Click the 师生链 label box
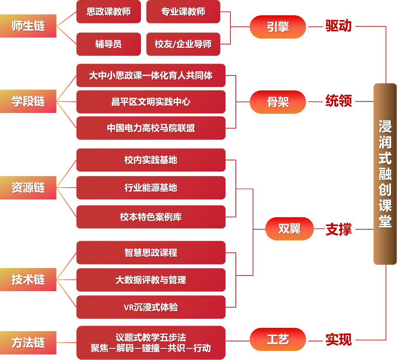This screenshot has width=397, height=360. (28, 26)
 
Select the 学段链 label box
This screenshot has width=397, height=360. (28, 101)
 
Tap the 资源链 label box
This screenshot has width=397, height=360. (28, 188)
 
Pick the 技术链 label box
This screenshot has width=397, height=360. (28, 280)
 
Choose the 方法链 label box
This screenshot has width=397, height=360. (28, 343)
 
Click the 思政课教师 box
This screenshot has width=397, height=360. (108, 12)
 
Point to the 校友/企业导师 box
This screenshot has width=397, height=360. (183, 44)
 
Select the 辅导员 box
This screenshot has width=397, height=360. (108, 44)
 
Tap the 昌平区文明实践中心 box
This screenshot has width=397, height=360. (151, 101)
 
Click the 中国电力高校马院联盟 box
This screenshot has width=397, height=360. (151, 128)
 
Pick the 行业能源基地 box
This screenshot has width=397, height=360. (151, 188)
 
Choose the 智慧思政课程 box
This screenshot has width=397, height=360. (151, 252)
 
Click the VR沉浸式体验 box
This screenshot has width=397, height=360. (151, 307)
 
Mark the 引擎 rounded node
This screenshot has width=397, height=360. (278, 27)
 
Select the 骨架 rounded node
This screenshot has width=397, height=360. (278, 102)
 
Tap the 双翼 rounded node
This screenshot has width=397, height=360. (289, 228)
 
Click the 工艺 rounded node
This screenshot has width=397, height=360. (278, 339)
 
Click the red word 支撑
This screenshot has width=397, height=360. (338, 229)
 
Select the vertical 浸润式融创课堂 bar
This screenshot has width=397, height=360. (385, 174)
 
